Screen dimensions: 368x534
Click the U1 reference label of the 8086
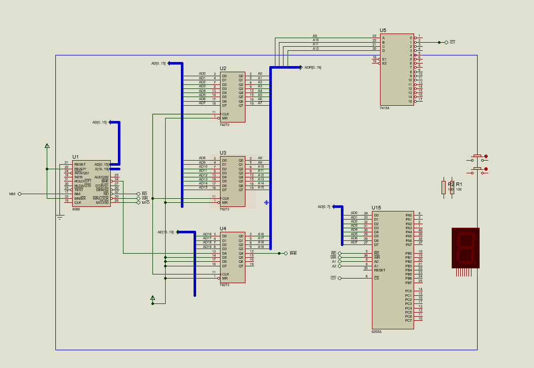point(75,157)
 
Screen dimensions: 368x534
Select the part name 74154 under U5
point(385,108)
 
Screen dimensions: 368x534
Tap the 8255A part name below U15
point(376,331)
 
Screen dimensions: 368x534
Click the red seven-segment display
point(465,248)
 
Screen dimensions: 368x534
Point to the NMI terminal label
point(12,194)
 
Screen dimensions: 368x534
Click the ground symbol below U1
point(60,218)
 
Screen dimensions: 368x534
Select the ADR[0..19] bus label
point(312,67)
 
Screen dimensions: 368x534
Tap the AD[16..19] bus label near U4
point(165,232)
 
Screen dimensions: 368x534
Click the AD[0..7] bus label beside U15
point(324,206)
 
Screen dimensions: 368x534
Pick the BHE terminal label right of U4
point(293,253)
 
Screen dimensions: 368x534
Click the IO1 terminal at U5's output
point(452,42)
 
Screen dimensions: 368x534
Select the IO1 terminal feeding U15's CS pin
point(333,278)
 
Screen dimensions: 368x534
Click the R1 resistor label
point(459,184)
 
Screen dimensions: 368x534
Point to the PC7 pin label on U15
point(408,320)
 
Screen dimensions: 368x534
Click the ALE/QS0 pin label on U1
point(102,177)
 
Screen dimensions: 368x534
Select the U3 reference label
point(223,152)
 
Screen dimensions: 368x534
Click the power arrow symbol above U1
point(47,146)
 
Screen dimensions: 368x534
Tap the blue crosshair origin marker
point(266,202)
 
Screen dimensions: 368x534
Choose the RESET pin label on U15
point(380,270)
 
